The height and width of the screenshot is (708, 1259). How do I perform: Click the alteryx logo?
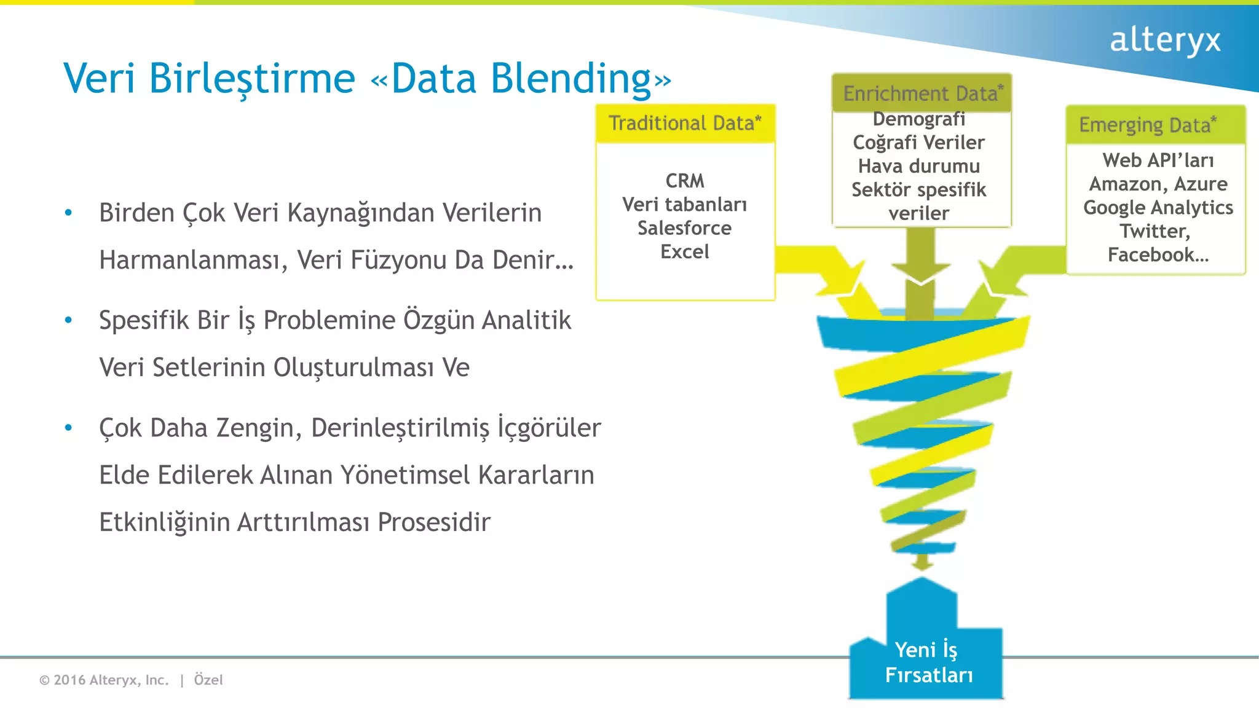(x=1164, y=41)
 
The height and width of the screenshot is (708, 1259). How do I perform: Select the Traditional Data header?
(x=685, y=124)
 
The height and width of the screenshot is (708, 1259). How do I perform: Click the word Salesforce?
(x=684, y=228)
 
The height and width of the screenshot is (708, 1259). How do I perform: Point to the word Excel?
(x=684, y=252)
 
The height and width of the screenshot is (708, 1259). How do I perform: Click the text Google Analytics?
(x=1158, y=208)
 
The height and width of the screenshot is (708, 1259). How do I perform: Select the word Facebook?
(x=1151, y=254)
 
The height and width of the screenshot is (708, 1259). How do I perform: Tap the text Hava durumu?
(x=918, y=167)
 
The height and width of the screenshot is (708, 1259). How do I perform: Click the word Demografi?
(x=918, y=119)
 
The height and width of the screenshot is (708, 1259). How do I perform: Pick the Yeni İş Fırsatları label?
(x=928, y=663)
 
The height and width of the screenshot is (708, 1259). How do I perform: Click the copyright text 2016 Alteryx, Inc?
(x=111, y=680)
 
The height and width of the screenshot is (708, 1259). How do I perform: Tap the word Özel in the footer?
(x=208, y=680)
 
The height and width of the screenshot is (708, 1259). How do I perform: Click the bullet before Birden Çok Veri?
(x=69, y=213)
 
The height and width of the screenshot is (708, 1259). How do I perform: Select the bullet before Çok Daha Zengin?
(x=69, y=428)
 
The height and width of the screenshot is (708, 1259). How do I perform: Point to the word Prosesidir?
(x=433, y=522)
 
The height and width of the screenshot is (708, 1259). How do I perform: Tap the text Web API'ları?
(x=1158, y=160)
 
